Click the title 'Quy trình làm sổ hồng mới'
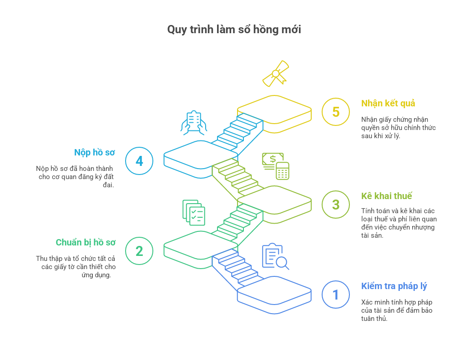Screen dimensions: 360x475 point(234,30)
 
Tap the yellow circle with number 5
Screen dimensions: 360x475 point(336,112)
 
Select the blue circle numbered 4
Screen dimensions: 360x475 point(139,161)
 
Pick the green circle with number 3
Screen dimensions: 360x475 point(336,205)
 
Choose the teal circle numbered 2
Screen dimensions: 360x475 point(139,251)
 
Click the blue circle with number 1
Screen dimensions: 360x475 point(336,295)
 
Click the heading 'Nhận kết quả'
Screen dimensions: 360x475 point(388,103)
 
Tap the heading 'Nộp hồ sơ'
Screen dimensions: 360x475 point(95,152)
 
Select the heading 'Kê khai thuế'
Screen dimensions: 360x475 point(386,196)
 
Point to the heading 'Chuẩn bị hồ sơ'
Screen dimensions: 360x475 point(86,242)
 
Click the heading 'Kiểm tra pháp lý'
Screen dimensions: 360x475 point(394,286)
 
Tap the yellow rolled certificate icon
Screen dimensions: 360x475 point(276,74)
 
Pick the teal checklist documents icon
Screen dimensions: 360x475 point(194,212)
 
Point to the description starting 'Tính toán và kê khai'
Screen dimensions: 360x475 point(399,223)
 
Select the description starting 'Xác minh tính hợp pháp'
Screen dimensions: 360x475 point(397,310)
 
